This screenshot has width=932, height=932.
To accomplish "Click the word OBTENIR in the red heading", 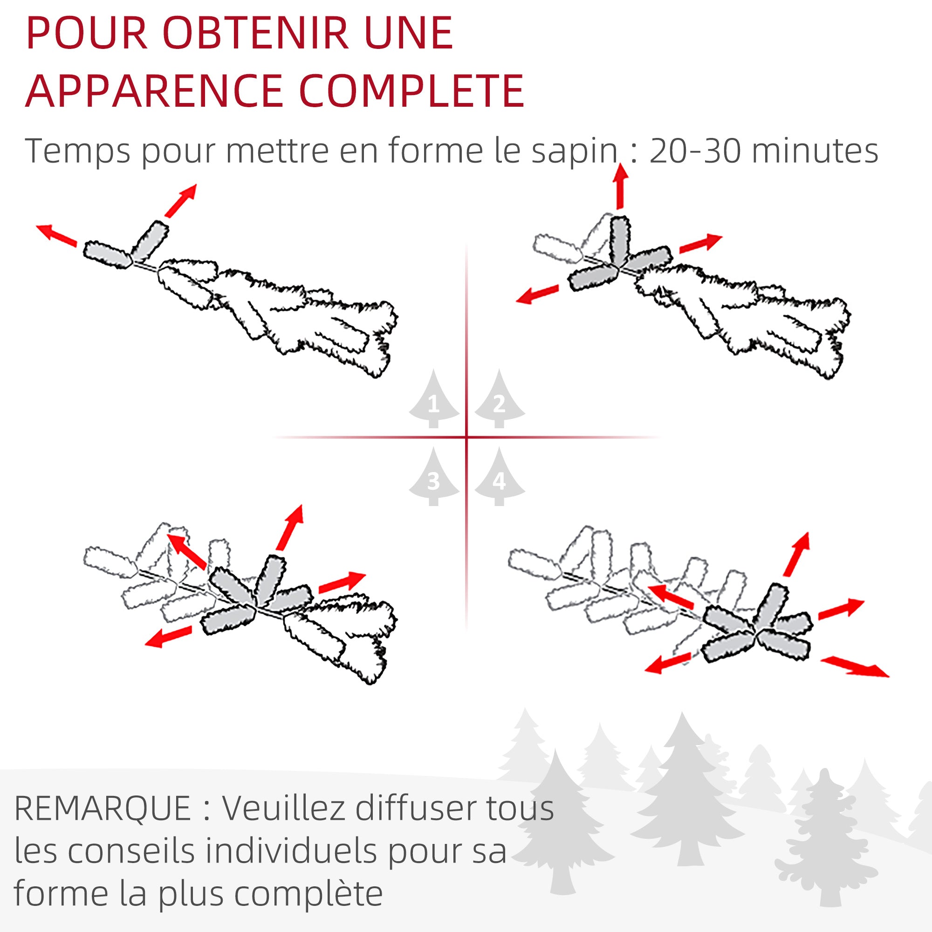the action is pos(256,33).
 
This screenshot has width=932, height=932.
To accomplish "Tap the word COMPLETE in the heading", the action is pos(411,91).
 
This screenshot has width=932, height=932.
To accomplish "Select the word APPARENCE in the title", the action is pos(154,91).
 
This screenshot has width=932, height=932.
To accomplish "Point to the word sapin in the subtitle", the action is pos(575,151).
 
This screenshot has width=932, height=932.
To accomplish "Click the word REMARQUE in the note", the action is pos(103,809).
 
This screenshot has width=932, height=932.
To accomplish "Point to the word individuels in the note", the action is pos(291,851).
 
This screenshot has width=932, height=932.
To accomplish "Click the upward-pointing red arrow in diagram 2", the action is pos(620,186).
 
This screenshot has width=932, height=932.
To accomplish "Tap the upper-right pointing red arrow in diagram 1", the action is pos(180,201).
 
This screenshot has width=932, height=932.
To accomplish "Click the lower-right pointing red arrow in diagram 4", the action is pos(854,667).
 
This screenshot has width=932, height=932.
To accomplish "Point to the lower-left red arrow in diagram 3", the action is pos(168,636).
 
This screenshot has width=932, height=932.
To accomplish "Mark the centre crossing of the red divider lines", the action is pos(466,438).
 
